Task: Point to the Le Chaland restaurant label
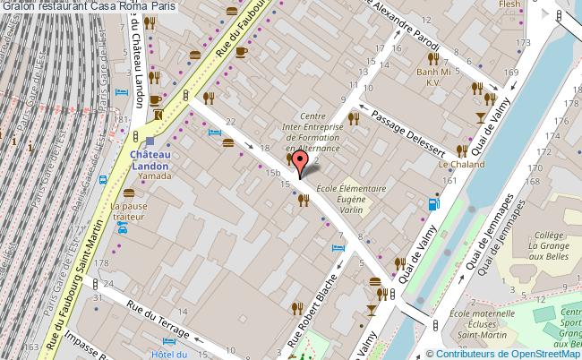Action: point(461,165)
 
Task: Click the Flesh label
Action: point(509,4)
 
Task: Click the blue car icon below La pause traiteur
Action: point(123,229)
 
